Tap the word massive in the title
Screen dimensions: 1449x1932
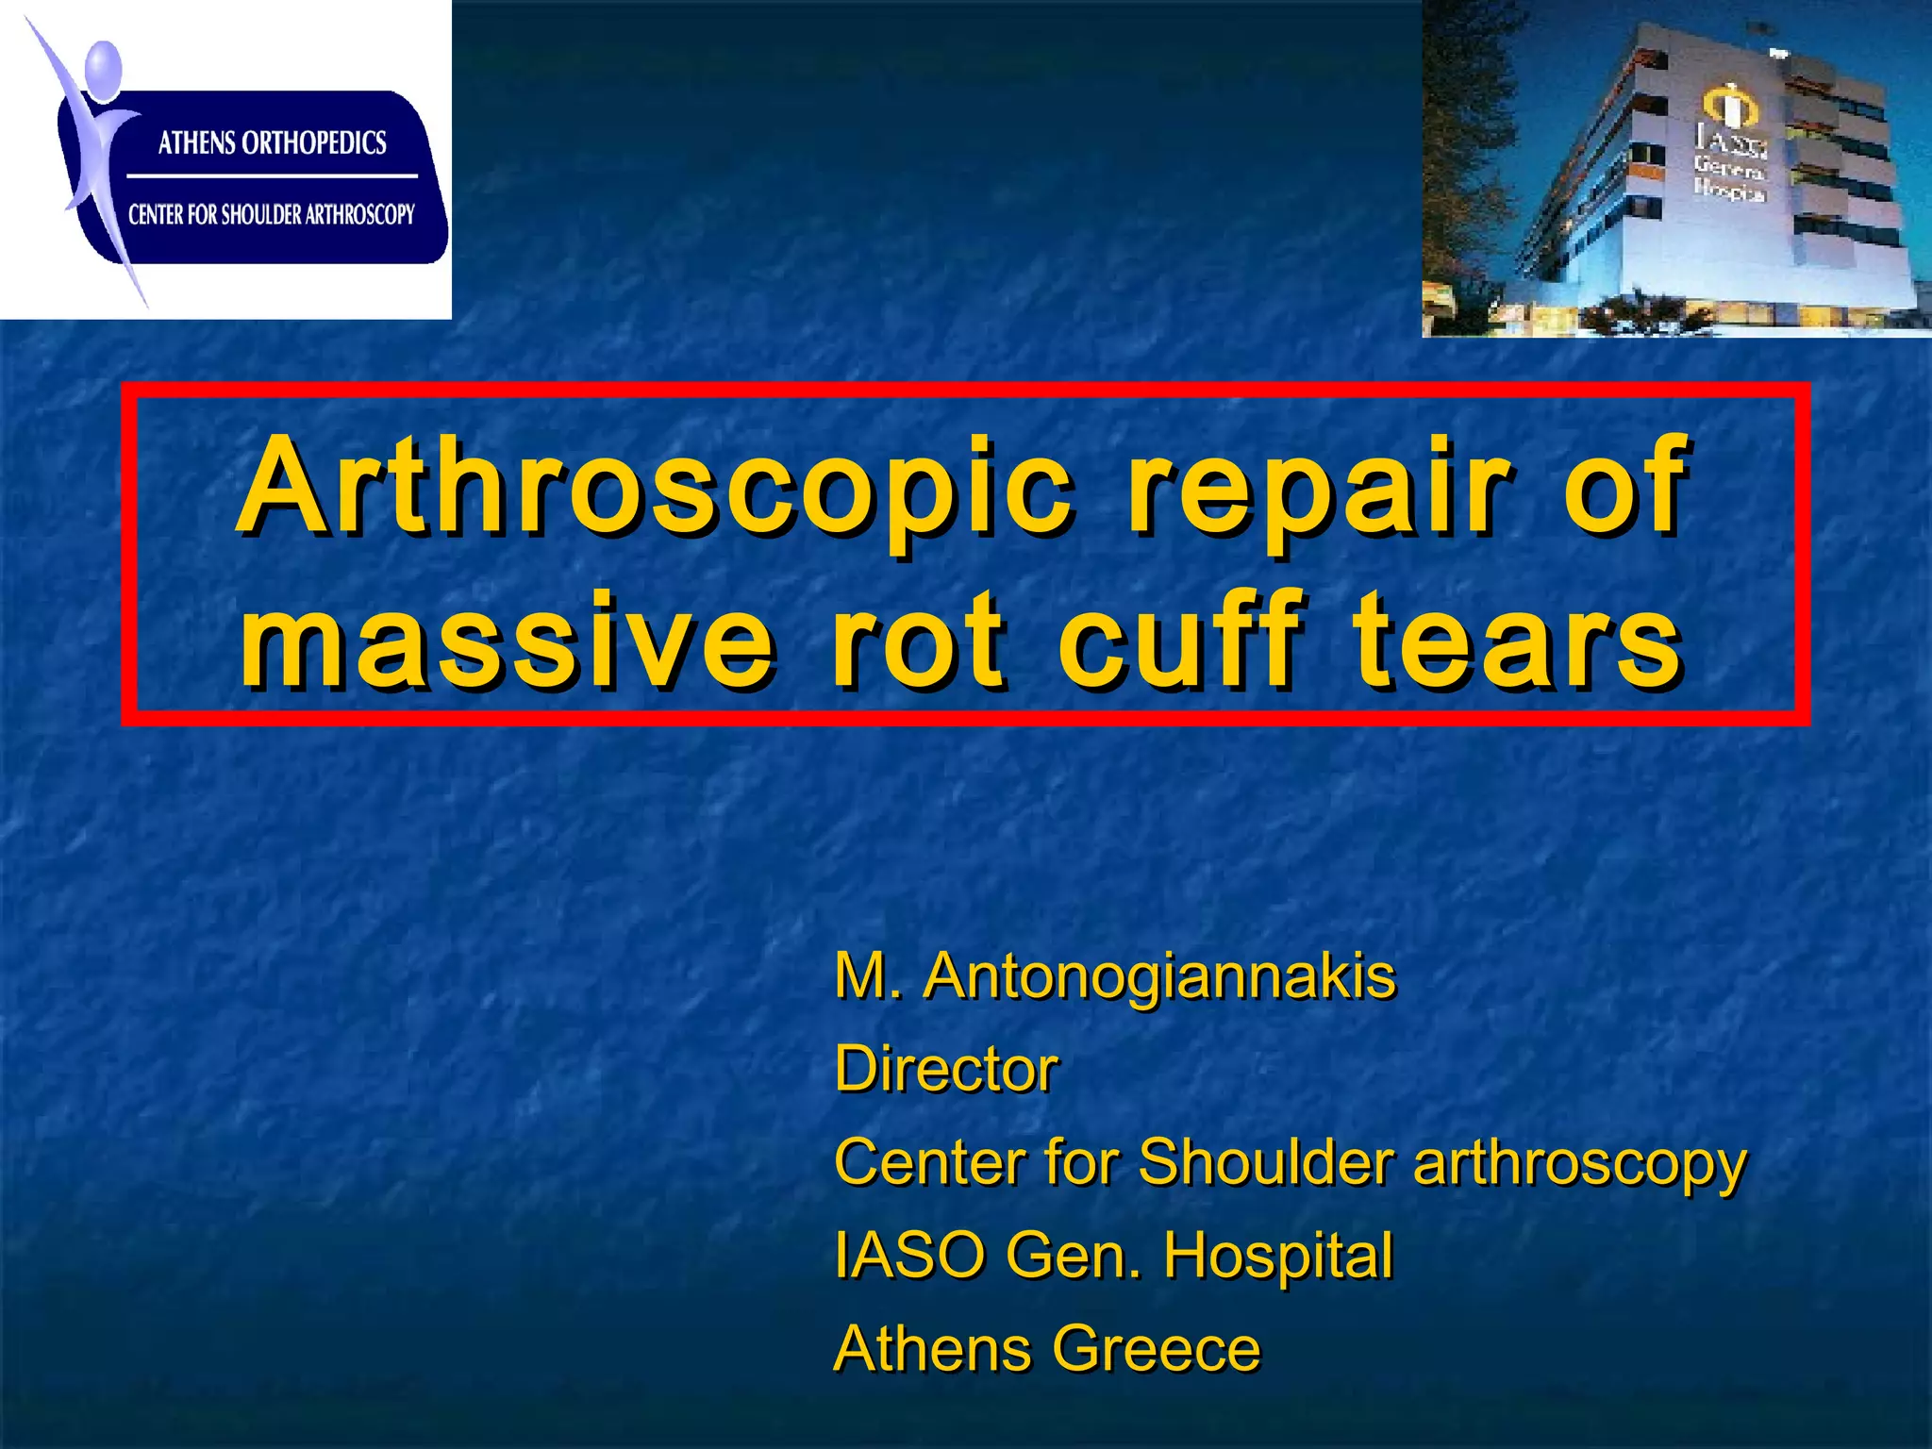coord(507,641)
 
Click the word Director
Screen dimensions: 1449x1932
coord(946,1069)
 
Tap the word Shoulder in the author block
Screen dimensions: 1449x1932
coord(1266,1161)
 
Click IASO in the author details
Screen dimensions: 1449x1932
coord(909,1256)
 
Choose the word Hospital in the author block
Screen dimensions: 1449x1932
coord(1277,1256)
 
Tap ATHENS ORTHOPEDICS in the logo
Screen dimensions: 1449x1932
coord(272,143)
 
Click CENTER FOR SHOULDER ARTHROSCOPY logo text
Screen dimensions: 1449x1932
coord(272,215)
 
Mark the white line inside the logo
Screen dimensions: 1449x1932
coord(272,176)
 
